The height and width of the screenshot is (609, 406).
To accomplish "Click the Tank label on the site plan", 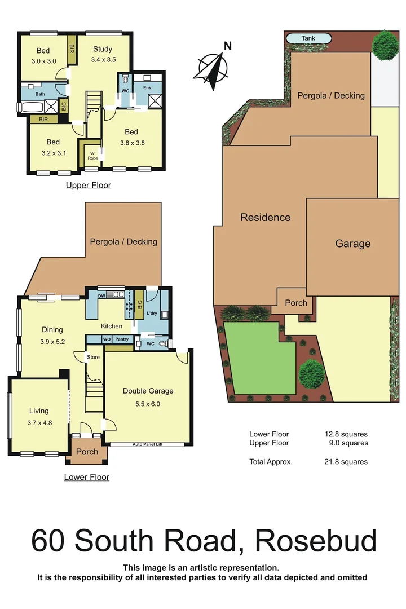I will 308,38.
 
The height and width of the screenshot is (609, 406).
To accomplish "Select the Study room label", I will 102,49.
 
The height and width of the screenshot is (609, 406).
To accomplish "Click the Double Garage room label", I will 148,391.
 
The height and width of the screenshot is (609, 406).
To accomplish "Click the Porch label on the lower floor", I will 87,452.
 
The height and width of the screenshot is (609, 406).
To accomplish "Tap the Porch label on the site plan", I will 296,303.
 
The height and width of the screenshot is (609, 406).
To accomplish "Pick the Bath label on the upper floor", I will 40,94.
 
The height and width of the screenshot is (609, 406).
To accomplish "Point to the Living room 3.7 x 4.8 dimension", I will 39,422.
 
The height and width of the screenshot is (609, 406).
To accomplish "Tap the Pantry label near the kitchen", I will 122,339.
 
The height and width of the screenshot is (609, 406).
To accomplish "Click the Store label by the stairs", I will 92,357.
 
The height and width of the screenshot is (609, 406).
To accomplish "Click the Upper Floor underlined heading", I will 89,185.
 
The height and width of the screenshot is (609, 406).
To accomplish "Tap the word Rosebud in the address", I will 316,540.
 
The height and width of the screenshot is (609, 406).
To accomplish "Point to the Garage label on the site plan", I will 353,244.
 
